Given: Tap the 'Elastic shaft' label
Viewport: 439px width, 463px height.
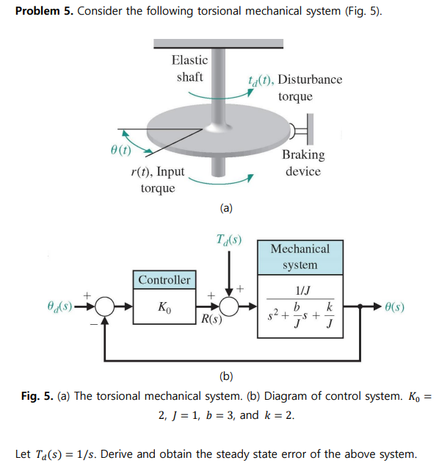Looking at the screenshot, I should (189, 68).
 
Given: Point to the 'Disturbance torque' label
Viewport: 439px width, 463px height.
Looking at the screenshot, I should (295, 87).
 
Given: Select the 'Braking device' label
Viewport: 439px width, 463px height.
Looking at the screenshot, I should (302, 162).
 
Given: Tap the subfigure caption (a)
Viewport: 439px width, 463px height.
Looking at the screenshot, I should (226, 208).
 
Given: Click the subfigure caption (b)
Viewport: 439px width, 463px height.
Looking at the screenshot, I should (226, 377).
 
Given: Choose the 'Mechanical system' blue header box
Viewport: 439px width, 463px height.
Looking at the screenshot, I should (300, 257).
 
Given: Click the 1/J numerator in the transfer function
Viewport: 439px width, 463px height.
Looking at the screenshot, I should (300, 290).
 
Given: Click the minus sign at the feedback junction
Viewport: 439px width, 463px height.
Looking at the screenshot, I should (92, 321).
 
